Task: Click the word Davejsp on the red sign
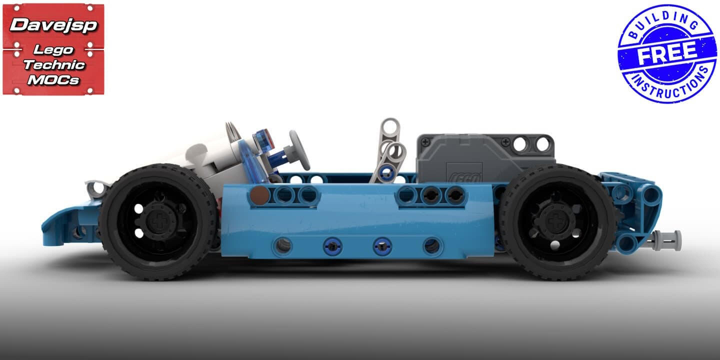53,25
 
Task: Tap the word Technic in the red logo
54,64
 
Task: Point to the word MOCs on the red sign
53,79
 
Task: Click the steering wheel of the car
299,150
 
